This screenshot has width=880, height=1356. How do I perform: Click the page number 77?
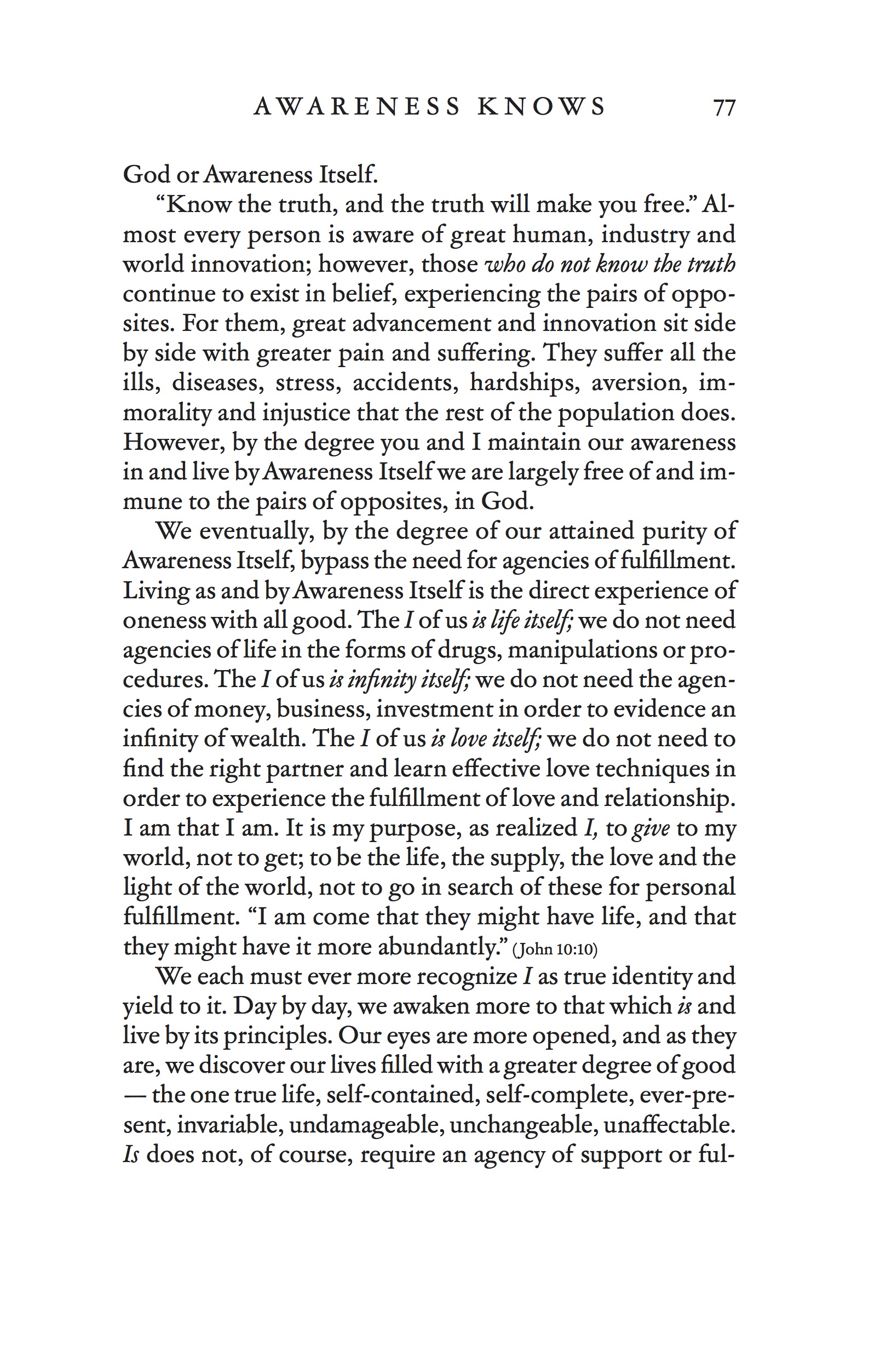724,107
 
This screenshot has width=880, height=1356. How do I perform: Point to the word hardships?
524,383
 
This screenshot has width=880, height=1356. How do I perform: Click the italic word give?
651,829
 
